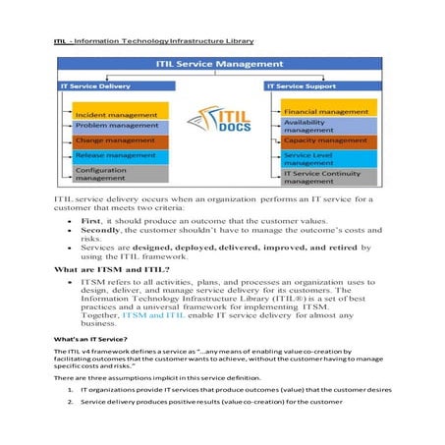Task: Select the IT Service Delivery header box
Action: pos(108,86)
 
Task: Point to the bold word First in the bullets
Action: pos(92,222)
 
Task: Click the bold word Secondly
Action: pos(103,233)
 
